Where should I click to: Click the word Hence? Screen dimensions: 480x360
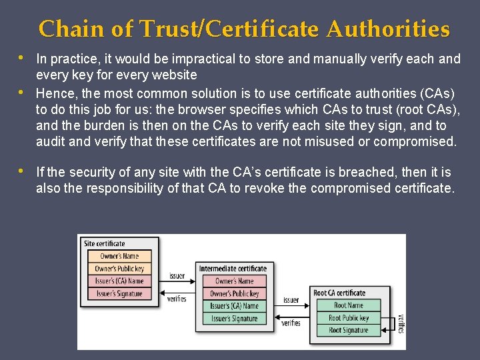point(53,93)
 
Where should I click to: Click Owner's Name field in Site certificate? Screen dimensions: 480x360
point(119,256)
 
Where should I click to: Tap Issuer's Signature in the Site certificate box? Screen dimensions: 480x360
point(119,293)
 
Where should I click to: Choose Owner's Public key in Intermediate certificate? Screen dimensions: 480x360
point(235,293)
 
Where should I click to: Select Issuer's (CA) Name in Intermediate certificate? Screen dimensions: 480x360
point(235,306)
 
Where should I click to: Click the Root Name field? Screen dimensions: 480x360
point(349,305)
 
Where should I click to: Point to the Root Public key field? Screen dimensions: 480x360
point(349,318)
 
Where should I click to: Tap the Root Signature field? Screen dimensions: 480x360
point(349,330)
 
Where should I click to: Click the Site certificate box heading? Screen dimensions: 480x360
point(105,243)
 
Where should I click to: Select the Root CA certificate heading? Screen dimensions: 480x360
point(339,293)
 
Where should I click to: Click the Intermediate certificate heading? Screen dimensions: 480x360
point(233,269)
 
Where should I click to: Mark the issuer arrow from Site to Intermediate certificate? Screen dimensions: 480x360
point(177,275)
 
